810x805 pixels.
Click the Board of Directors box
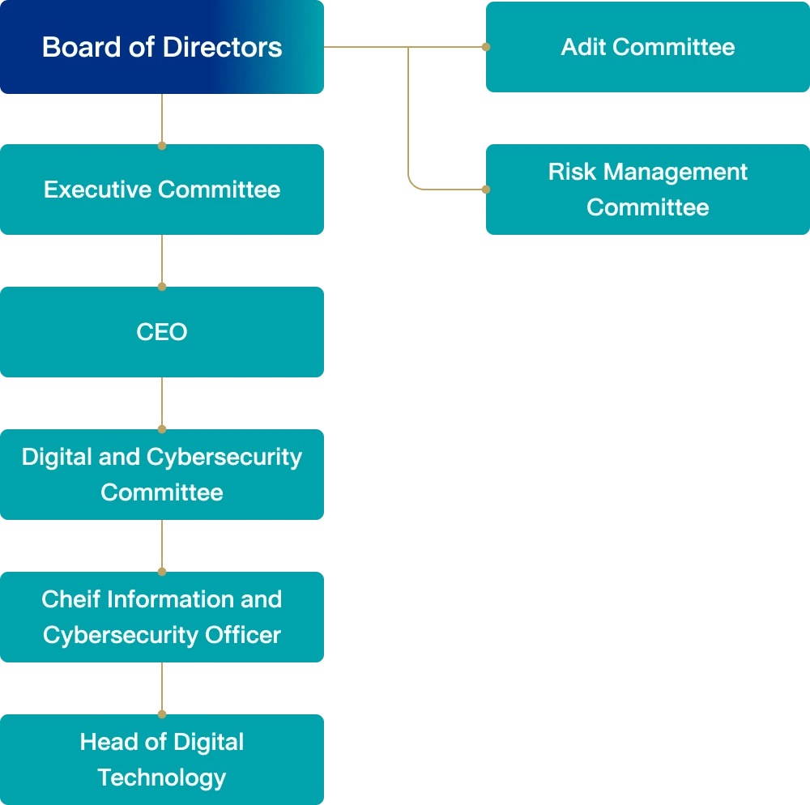pyautogui.click(x=162, y=47)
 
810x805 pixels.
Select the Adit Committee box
pyautogui.click(x=648, y=47)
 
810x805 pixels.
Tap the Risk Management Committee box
pyautogui.click(x=648, y=190)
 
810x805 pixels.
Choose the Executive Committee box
pyautogui.click(x=162, y=190)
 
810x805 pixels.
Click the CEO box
pyautogui.click(x=162, y=332)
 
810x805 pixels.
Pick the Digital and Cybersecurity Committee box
pyautogui.click(x=162, y=475)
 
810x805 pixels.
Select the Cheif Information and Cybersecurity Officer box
pyautogui.click(x=162, y=617)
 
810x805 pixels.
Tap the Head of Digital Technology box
pyautogui.click(x=162, y=760)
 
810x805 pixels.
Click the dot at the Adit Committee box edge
pyautogui.click(x=486, y=47)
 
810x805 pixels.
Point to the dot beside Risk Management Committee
pyautogui.click(x=486, y=190)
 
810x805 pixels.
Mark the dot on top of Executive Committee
pyautogui.click(x=162, y=146)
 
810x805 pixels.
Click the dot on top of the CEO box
pyautogui.click(x=162, y=287)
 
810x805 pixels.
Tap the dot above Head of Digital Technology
pyautogui.click(x=162, y=714)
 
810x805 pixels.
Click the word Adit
pyautogui.click(x=583, y=47)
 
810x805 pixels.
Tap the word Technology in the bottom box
pyautogui.click(x=162, y=777)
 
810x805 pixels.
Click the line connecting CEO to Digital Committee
pyautogui.click(x=162, y=402)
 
